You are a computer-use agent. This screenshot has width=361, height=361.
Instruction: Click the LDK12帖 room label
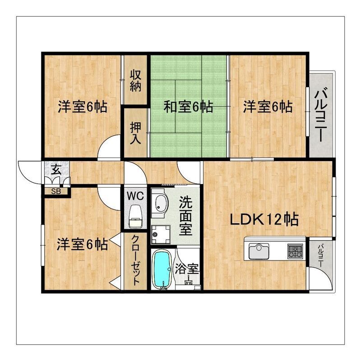coord(264,220)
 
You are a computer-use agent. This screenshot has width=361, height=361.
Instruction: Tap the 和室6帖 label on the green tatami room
coord(188,107)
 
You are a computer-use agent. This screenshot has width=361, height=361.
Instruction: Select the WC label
coord(135,196)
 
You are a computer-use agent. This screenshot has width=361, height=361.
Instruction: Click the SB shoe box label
coord(56,191)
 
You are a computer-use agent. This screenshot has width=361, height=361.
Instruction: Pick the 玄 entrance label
coord(56,170)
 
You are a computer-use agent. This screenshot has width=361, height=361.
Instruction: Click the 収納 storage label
coord(136,80)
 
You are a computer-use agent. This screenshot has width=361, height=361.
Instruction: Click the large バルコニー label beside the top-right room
coord(322,114)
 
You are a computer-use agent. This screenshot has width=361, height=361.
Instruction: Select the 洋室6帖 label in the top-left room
coord(83,107)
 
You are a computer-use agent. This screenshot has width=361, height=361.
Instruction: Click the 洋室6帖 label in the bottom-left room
coord(82,244)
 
